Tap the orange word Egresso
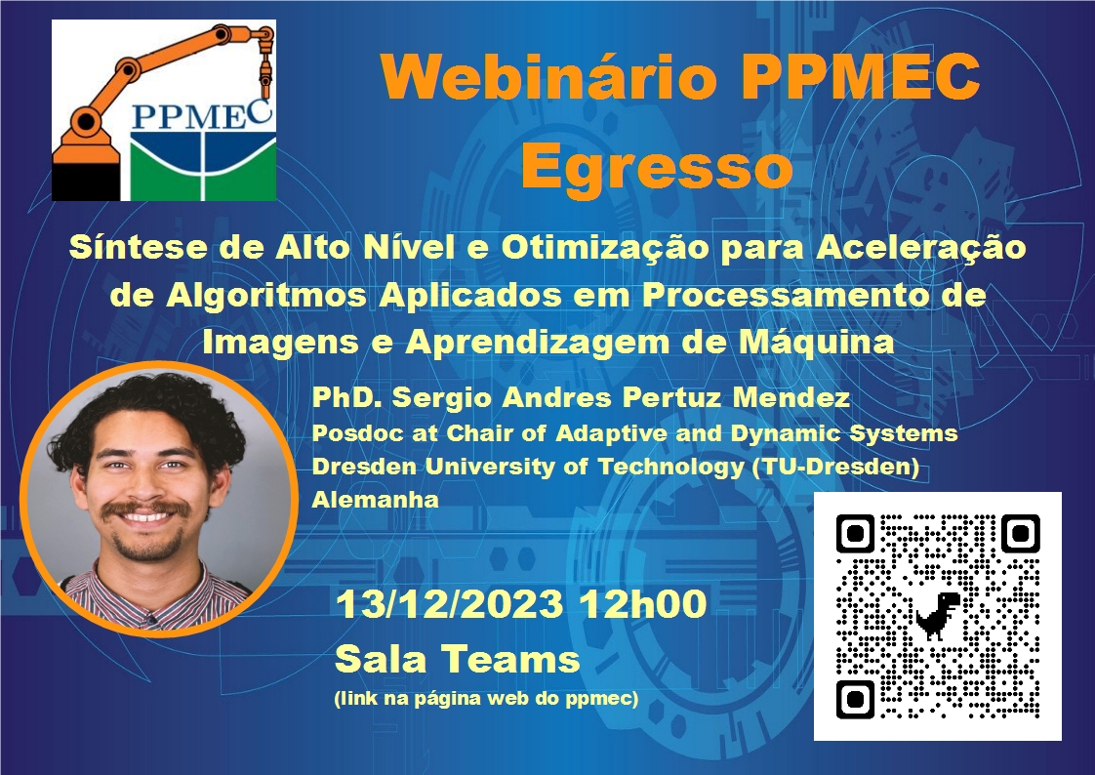tap(657, 166)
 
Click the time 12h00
tap(642, 603)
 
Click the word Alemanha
tap(375, 499)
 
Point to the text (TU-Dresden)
tap(835, 467)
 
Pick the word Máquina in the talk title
tap(817, 342)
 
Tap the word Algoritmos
tap(266, 296)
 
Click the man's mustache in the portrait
tap(146, 509)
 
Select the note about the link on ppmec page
tap(487, 698)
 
